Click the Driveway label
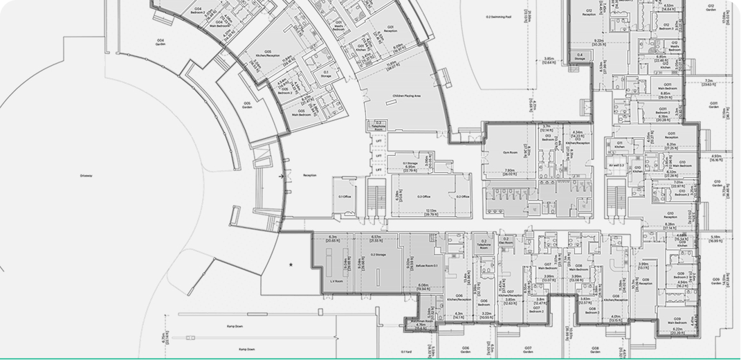tap(86, 176)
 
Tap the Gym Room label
tap(510, 150)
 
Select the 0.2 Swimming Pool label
tap(498, 17)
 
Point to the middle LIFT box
tap(378, 156)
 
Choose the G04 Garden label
tap(161, 42)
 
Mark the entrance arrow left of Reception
tap(281, 177)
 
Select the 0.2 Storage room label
tap(378, 255)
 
